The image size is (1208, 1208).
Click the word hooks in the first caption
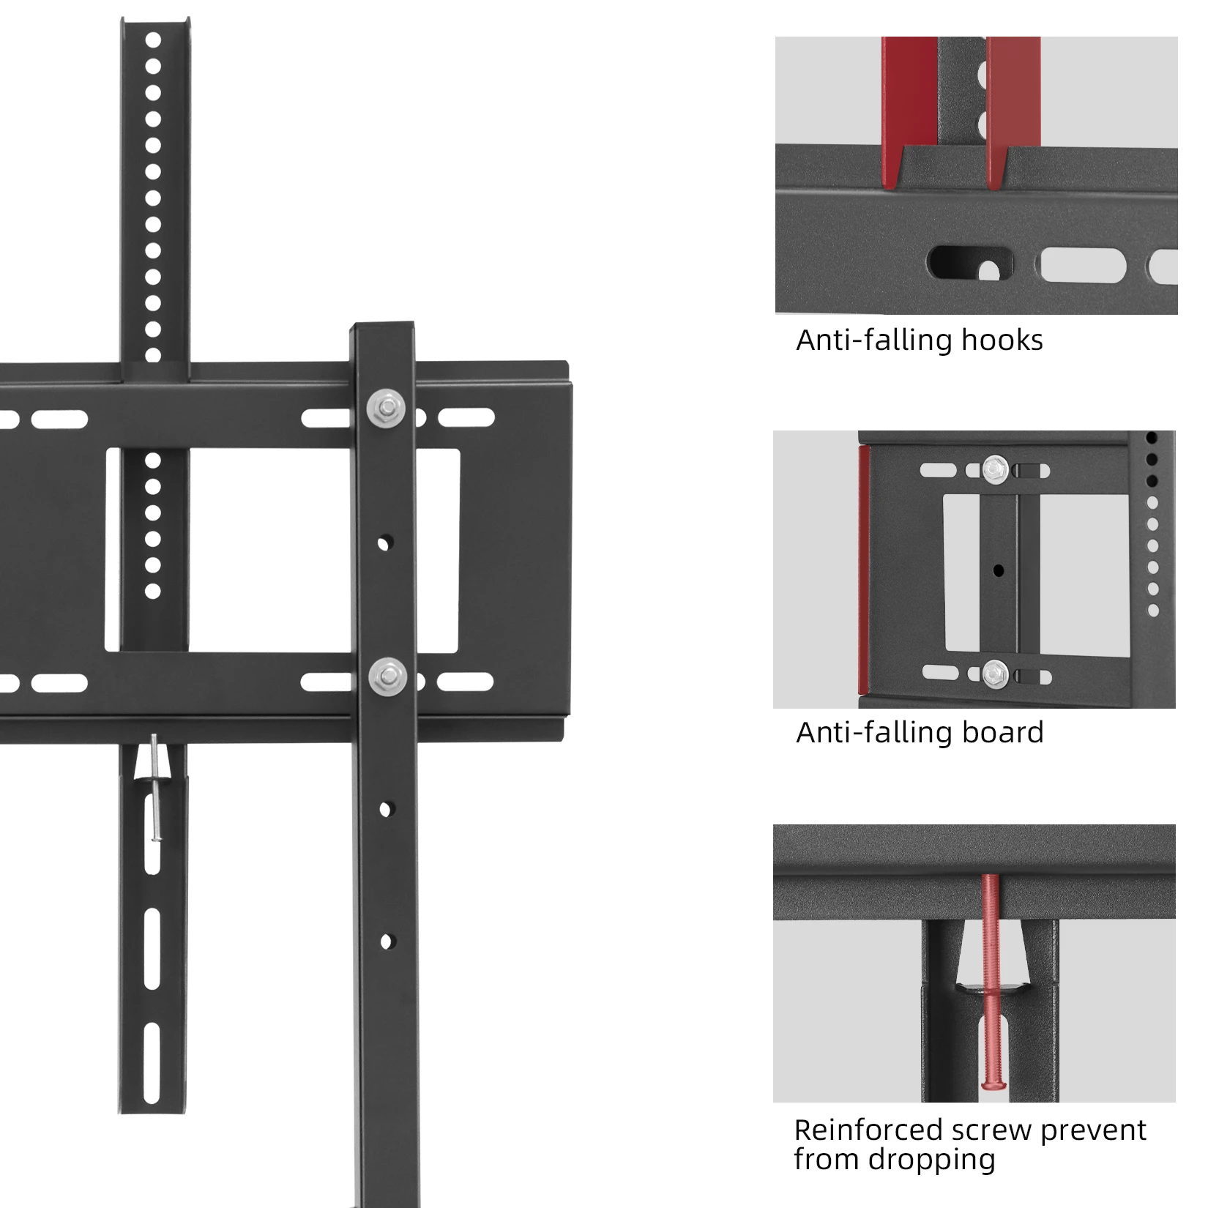tap(1002, 340)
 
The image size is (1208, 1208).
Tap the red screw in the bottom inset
tap(991, 981)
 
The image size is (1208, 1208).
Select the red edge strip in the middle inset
tap(865, 571)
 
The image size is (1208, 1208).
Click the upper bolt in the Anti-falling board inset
tap(995, 469)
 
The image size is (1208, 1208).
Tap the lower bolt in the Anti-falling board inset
tap(995, 673)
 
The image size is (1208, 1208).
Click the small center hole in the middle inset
tap(998, 570)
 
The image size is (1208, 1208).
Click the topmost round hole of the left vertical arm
tap(153, 40)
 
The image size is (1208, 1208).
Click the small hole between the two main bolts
tap(384, 543)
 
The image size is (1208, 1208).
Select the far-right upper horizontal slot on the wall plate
tap(466, 419)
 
